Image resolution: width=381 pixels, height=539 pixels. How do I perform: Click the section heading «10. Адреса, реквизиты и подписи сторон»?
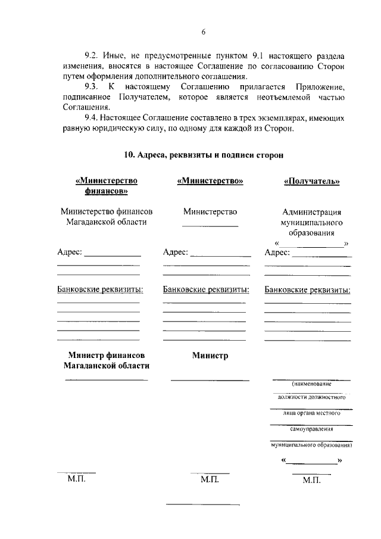coord(203,154)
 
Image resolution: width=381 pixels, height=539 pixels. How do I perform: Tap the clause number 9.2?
coord(93,55)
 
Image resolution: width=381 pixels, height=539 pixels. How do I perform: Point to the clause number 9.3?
coord(93,87)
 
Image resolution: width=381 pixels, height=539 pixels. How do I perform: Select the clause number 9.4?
coord(93,118)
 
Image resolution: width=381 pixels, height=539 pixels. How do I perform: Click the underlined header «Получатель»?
coord(311,182)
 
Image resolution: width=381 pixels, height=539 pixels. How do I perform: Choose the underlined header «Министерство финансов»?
coord(103,186)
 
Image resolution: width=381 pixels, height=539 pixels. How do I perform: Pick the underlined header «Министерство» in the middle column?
coord(210,182)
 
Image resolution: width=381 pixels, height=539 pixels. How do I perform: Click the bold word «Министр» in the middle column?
coord(210,356)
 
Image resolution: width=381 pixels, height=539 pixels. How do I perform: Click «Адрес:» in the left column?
coord(70,253)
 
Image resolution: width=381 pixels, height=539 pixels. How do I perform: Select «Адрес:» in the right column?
coord(277,253)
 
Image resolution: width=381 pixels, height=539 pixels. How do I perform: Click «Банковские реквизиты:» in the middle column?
coord(206,290)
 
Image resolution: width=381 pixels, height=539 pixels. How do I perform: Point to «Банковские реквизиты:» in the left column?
coord(100,290)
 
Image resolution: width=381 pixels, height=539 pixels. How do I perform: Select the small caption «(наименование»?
coord(311,385)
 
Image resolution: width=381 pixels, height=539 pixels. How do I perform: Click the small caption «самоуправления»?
coord(311,429)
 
